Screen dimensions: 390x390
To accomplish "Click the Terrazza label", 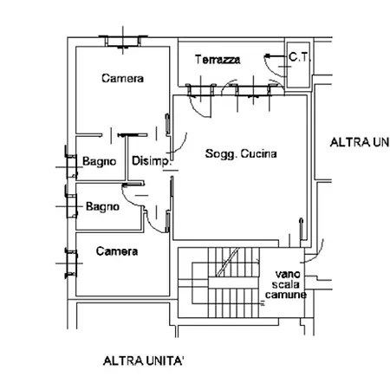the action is point(218,60).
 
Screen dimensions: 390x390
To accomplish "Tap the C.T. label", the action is point(299,57).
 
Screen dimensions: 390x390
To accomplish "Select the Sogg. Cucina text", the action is point(241,153).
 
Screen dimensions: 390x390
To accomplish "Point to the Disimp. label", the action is point(151,161).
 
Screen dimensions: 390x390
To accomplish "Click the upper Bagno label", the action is point(99,161).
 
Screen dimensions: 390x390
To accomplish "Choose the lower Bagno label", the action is point(102,207).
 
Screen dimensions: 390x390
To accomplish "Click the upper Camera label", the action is point(122,78).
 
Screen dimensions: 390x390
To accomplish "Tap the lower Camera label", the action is point(117,251).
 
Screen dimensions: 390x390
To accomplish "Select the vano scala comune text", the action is point(286,284).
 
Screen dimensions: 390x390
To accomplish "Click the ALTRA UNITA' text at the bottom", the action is point(143,361).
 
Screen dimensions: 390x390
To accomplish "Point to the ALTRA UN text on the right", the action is point(360,142).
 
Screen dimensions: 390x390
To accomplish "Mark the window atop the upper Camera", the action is point(123,41).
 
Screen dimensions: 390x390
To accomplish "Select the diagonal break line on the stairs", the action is point(228,262).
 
